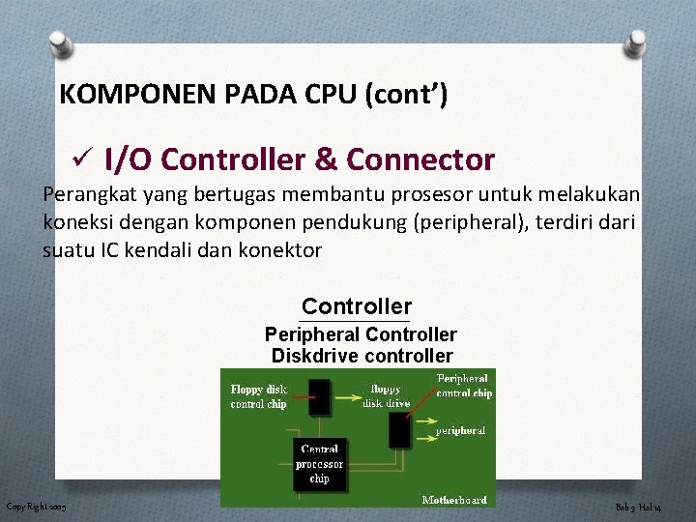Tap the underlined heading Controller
coord(356,306)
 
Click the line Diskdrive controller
coord(362,356)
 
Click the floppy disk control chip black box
coord(319,392)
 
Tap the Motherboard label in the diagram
coord(454,499)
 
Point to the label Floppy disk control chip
coord(259,396)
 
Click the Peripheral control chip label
coord(463,387)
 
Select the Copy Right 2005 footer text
coord(37,507)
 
